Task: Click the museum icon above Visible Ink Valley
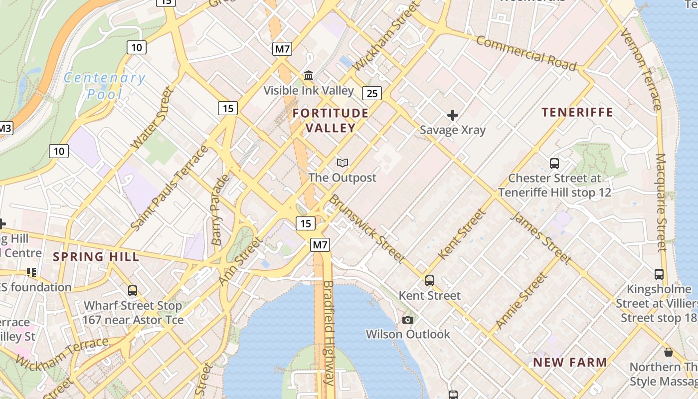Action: [309, 76]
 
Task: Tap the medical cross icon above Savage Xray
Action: [453, 116]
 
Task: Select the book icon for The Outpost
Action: [342, 163]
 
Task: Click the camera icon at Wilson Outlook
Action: [408, 320]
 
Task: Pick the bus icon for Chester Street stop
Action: [554, 163]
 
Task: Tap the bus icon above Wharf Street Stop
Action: [133, 290]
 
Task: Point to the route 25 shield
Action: [372, 93]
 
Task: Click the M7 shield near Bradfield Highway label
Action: [320, 244]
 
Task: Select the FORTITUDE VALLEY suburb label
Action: [331, 120]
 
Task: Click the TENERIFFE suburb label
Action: [577, 112]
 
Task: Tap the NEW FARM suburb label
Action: [570, 362]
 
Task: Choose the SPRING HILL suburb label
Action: [96, 257]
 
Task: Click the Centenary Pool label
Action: [105, 85]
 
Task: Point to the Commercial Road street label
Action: [526, 53]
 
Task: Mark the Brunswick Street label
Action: [366, 228]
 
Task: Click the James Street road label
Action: [541, 238]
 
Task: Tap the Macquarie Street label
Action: [661, 202]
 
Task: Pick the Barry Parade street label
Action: [220, 209]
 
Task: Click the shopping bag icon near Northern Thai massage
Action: [669, 352]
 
